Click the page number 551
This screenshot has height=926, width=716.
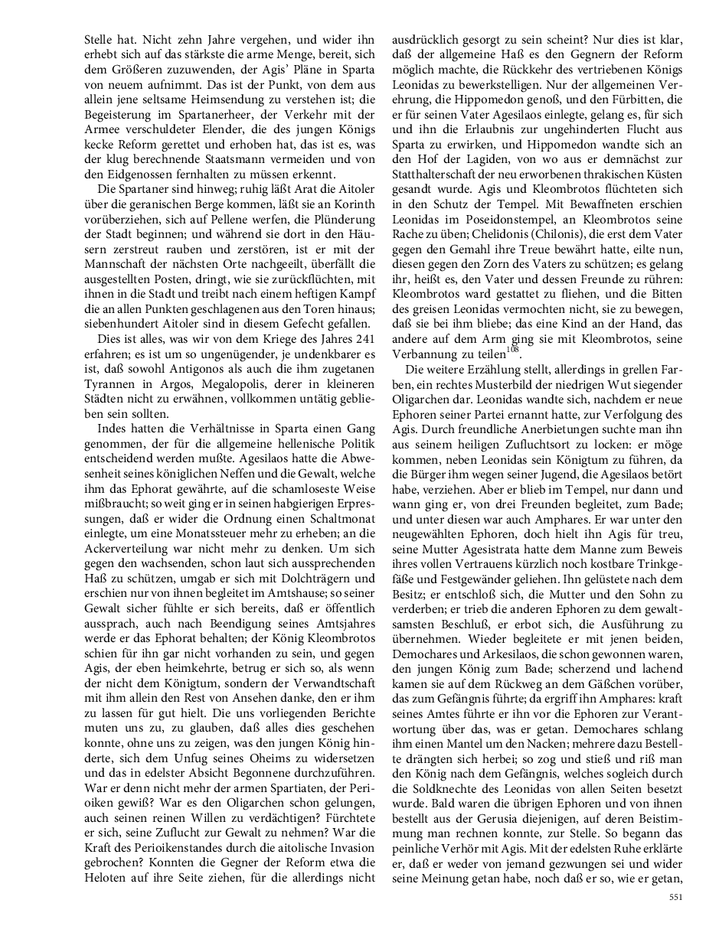(x=675, y=897)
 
